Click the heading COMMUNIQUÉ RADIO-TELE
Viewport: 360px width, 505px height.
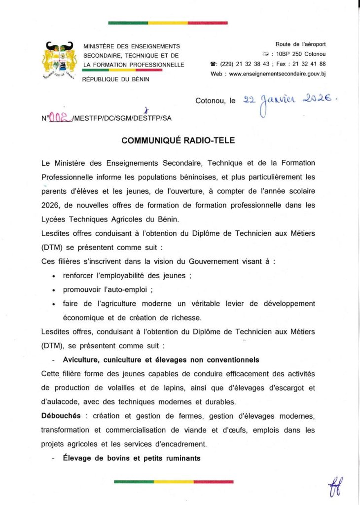179,141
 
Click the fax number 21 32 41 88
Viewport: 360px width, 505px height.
309,64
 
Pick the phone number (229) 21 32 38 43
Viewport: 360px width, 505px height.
245,64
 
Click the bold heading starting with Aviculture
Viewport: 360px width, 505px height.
161,360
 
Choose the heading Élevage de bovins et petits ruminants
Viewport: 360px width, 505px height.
132,458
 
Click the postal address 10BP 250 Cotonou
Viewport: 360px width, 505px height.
301,54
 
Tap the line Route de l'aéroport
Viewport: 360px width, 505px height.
301,44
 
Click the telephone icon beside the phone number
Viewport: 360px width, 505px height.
213,64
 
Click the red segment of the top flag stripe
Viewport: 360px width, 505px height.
208,23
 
